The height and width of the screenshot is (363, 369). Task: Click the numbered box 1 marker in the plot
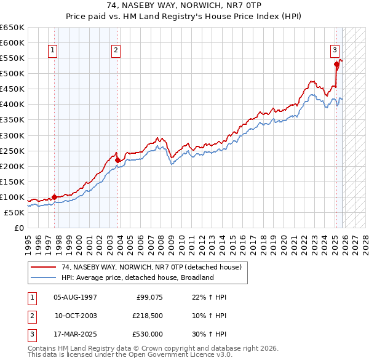point(53,50)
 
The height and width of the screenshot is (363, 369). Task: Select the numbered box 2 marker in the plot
point(116,50)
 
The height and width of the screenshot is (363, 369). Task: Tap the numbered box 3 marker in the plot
point(335,50)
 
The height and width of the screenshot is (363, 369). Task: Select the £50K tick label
point(14,212)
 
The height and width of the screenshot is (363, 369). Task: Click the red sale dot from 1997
point(54,197)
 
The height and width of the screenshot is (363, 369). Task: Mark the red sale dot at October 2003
point(117,160)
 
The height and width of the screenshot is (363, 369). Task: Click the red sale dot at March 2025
point(336,63)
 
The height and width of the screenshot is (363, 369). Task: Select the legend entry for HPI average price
point(137,277)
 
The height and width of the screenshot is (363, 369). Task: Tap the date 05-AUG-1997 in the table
point(75,297)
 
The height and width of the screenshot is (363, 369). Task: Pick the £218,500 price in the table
point(147,316)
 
